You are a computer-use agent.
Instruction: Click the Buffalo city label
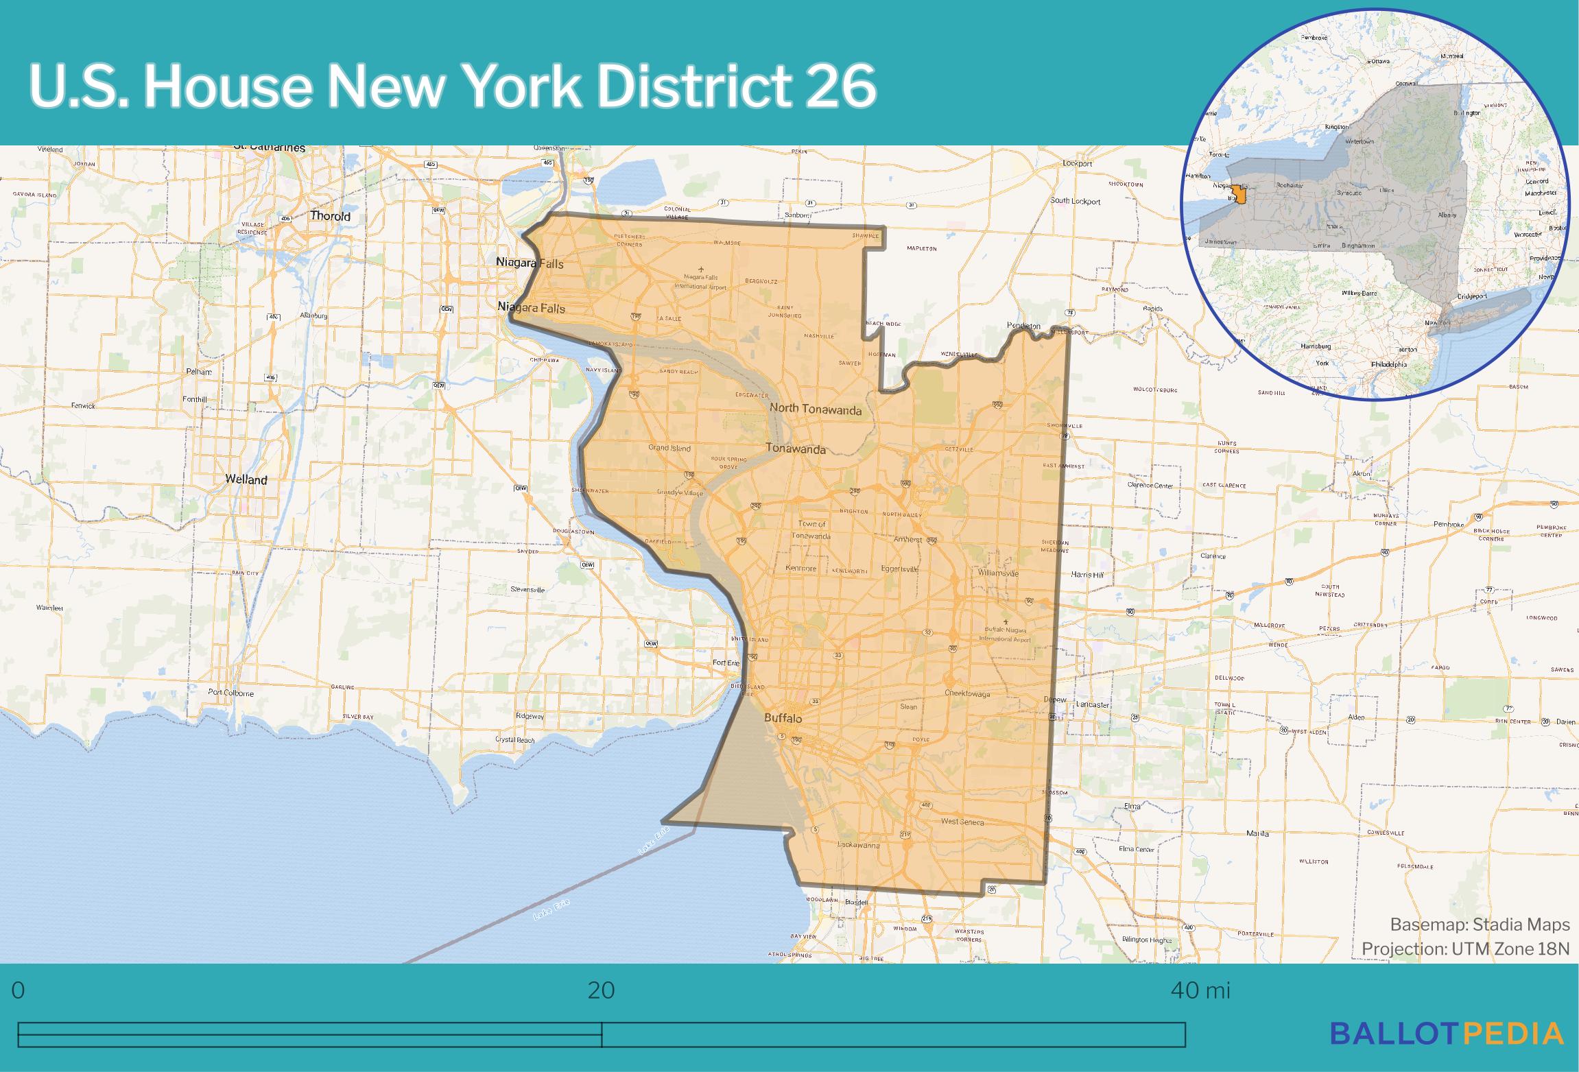[783, 718]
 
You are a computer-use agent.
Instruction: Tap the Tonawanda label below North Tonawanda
[795, 449]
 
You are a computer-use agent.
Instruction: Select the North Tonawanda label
[815, 409]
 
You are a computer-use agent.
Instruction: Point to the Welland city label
[246, 479]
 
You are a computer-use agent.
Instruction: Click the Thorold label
[330, 216]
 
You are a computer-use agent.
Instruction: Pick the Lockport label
[1077, 163]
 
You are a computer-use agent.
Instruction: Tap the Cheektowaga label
[967, 693]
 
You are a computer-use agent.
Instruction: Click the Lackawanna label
[859, 846]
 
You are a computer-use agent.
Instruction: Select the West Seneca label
[962, 822]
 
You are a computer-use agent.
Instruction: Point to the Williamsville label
[998, 573]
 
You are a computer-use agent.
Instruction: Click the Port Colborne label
[230, 693]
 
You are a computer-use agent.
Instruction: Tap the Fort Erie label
[726, 663]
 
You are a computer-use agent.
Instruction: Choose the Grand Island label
[669, 448]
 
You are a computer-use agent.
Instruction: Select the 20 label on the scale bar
[602, 990]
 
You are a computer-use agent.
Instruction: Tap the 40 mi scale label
[1200, 990]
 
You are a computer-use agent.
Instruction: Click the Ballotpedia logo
[1447, 1052]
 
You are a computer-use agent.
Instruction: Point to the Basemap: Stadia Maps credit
[1480, 925]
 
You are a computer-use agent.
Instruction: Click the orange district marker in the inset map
[1238, 194]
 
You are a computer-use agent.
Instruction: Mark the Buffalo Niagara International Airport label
[1005, 634]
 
